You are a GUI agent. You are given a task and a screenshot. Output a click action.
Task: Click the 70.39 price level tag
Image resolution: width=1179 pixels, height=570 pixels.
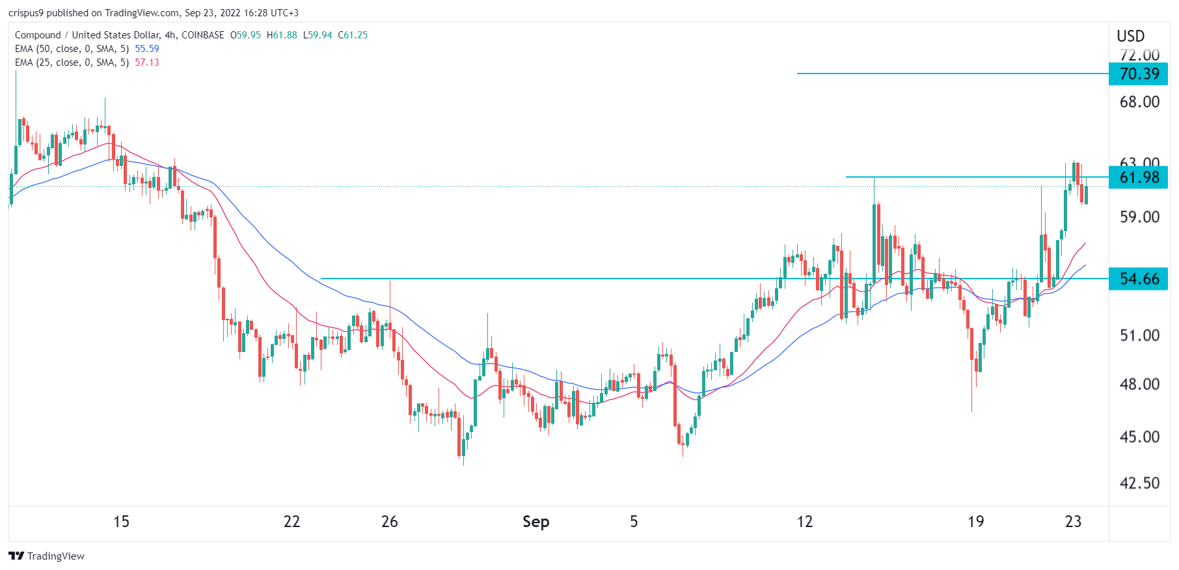pyautogui.click(x=1139, y=74)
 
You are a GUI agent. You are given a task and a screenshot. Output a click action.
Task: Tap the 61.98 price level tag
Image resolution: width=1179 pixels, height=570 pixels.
pyautogui.click(x=1139, y=177)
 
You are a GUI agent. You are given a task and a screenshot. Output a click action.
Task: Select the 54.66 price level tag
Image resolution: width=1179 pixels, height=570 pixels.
pyautogui.click(x=1139, y=279)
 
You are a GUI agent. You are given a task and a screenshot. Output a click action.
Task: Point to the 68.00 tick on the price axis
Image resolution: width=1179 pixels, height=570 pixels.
pyautogui.click(x=1139, y=102)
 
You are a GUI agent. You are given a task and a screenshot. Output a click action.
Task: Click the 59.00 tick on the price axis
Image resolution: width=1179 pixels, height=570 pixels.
pyautogui.click(x=1139, y=217)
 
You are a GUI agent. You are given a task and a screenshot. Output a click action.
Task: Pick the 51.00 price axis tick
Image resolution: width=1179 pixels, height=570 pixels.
pyautogui.click(x=1139, y=335)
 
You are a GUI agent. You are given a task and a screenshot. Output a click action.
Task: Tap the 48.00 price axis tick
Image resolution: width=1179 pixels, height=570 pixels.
pyautogui.click(x=1139, y=384)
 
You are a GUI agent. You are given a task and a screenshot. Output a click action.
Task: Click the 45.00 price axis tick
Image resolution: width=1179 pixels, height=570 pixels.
pyautogui.click(x=1139, y=437)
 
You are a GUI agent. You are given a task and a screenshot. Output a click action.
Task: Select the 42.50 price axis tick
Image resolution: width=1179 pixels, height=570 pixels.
pyautogui.click(x=1139, y=483)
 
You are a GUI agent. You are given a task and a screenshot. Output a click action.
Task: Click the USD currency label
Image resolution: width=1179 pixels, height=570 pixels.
pyautogui.click(x=1130, y=36)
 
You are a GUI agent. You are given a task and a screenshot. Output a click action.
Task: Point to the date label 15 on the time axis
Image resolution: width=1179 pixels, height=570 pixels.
pyautogui.click(x=121, y=521)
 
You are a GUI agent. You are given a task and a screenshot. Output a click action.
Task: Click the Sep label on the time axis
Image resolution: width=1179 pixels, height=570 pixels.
pyautogui.click(x=535, y=521)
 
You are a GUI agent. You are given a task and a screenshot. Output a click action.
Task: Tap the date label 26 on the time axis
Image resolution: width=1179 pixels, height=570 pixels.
pyautogui.click(x=389, y=521)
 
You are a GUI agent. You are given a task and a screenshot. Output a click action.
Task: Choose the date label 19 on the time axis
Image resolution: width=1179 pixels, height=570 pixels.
pyautogui.click(x=975, y=521)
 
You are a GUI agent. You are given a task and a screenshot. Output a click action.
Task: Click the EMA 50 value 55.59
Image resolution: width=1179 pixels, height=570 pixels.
pyautogui.click(x=147, y=49)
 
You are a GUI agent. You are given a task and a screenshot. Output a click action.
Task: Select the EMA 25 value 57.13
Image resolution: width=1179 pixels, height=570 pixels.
pyautogui.click(x=147, y=62)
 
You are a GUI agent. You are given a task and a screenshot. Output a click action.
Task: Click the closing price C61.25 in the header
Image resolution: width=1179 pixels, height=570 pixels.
pyautogui.click(x=353, y=35)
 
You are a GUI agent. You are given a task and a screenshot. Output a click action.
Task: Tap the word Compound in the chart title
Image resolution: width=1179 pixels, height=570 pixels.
pyautogui.click(x=38, y=35)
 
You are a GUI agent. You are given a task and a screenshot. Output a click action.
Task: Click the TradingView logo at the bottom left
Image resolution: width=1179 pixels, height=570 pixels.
pyautogui.click(x=46, y=556)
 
